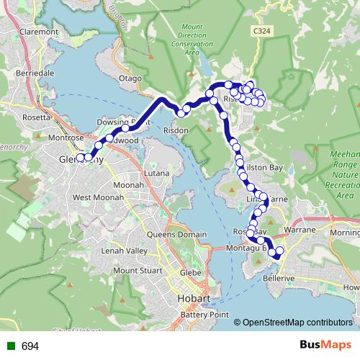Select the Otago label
click(x=131, y=78)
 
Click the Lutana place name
click(x=156, y=174)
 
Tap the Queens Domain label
click(x=176, y=235)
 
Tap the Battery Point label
click(x=204, y=315)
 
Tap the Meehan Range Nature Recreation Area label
click(x=344, y=174)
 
